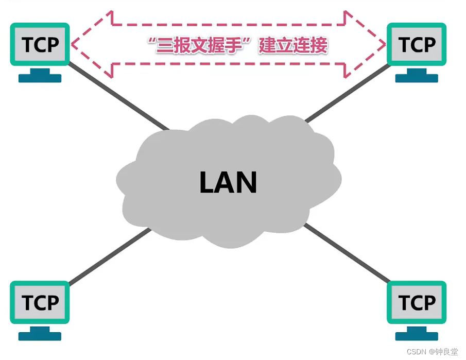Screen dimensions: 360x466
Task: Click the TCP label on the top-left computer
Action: click(x=40, y=44)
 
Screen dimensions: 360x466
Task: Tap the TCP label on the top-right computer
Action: click(x=417, y=44)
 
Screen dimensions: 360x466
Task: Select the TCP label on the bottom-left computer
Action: click(x=40, y=302)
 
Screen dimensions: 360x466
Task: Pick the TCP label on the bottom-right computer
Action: click(x=417, y=302)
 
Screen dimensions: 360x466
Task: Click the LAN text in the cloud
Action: click(x=228, y=182)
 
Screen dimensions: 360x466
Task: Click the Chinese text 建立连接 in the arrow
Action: click(x=292, y=45)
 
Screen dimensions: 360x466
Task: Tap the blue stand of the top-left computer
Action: click(x=40, y=76)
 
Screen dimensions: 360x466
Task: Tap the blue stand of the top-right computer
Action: click(x=417, y=76)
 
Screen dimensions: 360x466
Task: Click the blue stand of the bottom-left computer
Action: click(x=40, y=334)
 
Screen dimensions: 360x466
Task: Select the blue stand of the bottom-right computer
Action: click(x=417, y=334)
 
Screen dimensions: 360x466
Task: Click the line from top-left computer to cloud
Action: click(x=118, y=96)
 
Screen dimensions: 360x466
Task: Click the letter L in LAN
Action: click(x=206, y=182)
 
